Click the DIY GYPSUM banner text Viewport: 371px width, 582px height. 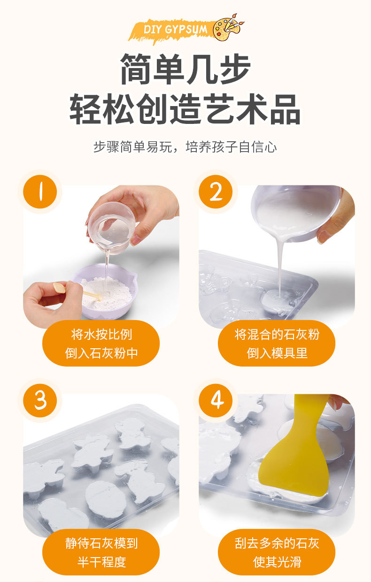click(175, 30)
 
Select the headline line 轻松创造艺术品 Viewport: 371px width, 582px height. click(185, 109)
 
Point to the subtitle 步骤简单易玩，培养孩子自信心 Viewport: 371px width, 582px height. click(185, 147)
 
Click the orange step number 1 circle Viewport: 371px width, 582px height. click(40, 192)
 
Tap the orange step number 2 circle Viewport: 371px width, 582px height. click(216, 192)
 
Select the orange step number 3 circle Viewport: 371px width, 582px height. click(40, 400)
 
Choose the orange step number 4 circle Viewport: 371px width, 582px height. click(216, 400)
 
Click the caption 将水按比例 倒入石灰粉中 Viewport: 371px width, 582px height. click(101, 344)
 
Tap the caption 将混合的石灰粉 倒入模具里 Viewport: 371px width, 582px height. click(277, 344)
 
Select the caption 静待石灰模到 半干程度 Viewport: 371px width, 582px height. click(101, 552)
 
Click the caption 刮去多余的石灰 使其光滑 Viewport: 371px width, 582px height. click(277, 552)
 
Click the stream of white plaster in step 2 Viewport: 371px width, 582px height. click(280, 268)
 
